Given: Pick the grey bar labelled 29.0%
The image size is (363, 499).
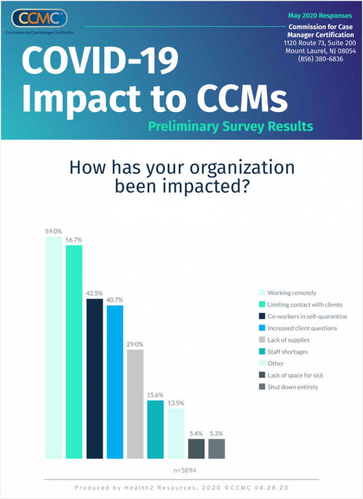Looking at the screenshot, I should pyautogui.click(x=135, y=404).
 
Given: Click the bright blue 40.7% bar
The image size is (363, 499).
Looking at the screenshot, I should pyautogui.click(x=115, y=382).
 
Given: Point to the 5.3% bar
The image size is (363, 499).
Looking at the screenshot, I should pyautogui.click(x=217, y=449).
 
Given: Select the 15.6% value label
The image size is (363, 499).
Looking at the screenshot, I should pyautogui.click(x=155, y=395).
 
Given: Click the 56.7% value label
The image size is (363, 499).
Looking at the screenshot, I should pyautogui.click(x=74, y=240).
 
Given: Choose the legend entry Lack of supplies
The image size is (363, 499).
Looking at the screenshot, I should pyautogui.click(x=288, y=340).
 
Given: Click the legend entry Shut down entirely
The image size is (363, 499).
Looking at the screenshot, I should pyautogui.click(x=292, y=387).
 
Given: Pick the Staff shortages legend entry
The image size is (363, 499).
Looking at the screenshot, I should pyautogui.click(x=287, y=352).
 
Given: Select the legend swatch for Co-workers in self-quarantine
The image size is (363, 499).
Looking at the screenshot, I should pyautogui.click(x=261, y=316).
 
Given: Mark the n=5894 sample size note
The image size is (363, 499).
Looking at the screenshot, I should pyautogui.click(x=182, y=471).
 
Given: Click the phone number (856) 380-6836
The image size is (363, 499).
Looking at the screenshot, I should pyautogui.click(x=321, y=59).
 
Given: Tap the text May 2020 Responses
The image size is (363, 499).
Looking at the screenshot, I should pyautogui.click(x=327, y=16).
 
